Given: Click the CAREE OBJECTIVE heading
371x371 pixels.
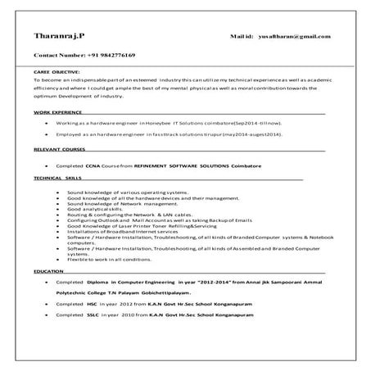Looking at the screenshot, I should pyautogui.click(x=55, y=73).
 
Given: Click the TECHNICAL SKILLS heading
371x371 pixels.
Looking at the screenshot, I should pyautogui.click(x=57, y=177).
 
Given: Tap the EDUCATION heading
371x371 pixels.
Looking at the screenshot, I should pyautogui.click(x=48, y=270).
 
